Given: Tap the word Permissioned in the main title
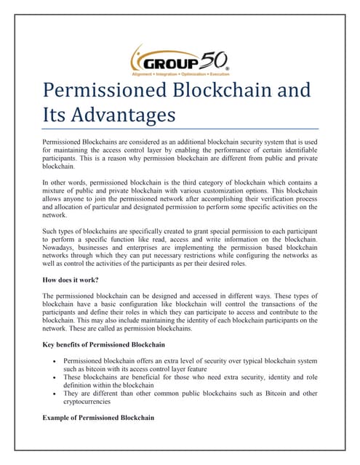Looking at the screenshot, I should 111,90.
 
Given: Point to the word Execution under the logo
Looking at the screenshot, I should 216,74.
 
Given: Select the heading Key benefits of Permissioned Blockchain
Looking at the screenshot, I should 103,344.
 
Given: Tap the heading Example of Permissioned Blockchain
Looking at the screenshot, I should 98,418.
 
